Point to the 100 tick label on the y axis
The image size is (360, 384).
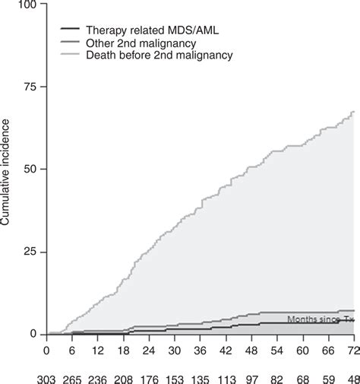click(x=27, y=5)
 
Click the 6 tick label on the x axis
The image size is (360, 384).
click(x=72, y=350)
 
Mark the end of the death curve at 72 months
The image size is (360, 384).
click(x=354, y=112)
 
